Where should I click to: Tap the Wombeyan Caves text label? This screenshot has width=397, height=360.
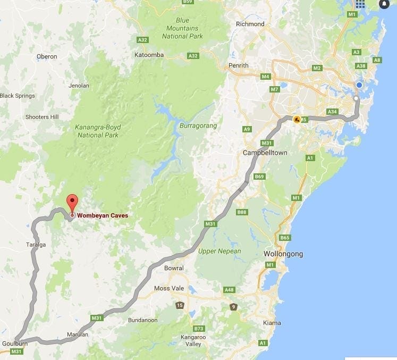[103, 216]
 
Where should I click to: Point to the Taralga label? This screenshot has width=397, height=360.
[36, 245]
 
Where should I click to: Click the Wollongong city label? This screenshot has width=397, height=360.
[283, 254]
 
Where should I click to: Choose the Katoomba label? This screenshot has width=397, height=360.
[149, 55]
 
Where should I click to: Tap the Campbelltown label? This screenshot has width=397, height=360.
[265, 153]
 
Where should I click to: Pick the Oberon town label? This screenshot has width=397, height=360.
[47, 56]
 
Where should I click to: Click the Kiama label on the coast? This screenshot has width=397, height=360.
[272, 323]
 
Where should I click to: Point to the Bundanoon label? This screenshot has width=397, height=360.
[142, 320]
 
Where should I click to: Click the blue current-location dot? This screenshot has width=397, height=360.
[359, 85]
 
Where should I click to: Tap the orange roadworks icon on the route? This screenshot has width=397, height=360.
[297, 119]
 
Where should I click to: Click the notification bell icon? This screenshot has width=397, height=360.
[384, 4]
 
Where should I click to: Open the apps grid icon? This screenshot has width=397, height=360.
[360, 4]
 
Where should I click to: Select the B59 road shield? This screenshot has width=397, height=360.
[187, 2]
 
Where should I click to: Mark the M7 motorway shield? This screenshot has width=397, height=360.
[274, 89]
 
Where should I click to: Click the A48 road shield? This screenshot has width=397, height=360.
[230, 290]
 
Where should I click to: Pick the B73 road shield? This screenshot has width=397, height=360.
[199, 329]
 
